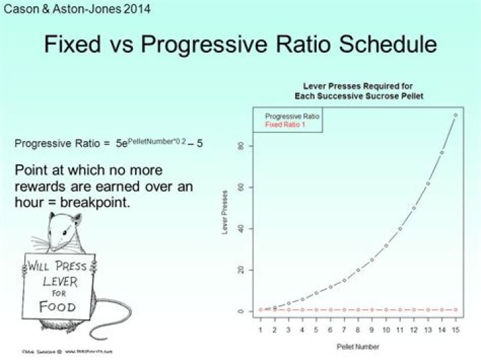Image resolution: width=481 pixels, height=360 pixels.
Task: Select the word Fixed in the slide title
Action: point(77,45)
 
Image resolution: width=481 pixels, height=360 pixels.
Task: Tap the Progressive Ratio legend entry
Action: point(292,116)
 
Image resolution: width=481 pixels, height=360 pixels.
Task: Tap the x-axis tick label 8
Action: point(358,330)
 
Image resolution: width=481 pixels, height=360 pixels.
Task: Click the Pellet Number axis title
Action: point(357,347)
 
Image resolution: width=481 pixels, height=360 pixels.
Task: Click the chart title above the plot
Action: point(358,92)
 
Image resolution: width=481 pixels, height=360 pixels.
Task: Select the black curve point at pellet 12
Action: point(414,208)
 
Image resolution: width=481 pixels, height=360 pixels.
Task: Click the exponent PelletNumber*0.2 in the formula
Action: point(152,140)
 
